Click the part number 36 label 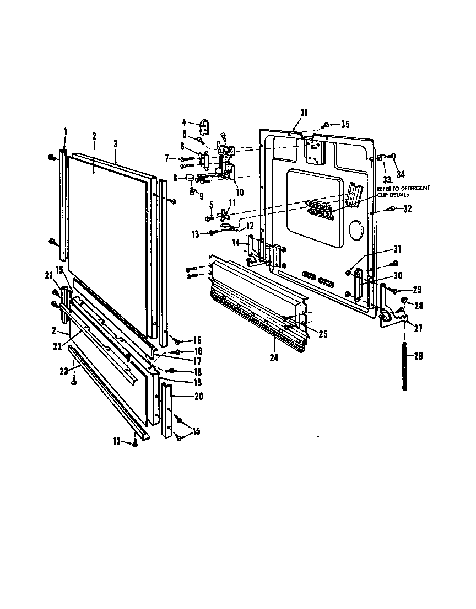pos(304,113)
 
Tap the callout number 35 pos(345,124)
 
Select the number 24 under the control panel pos(274,357)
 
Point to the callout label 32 pos(407,209)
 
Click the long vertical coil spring pos(405,367)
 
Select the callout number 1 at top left pos(65,131)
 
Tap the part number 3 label pos(115,143)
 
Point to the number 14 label pos(236,243)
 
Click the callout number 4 pos(185,122)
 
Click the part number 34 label pos(400,175)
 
